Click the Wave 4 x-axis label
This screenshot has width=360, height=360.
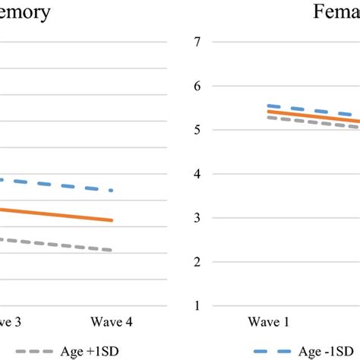point(112,322)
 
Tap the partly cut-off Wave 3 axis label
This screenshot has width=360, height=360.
point(10,322)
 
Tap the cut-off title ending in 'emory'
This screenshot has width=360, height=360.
point(26,13)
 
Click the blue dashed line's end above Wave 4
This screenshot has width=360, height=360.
point(112,190)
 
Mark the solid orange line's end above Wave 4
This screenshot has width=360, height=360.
point(112,220)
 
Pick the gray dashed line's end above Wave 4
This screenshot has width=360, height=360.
point(112,250)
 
